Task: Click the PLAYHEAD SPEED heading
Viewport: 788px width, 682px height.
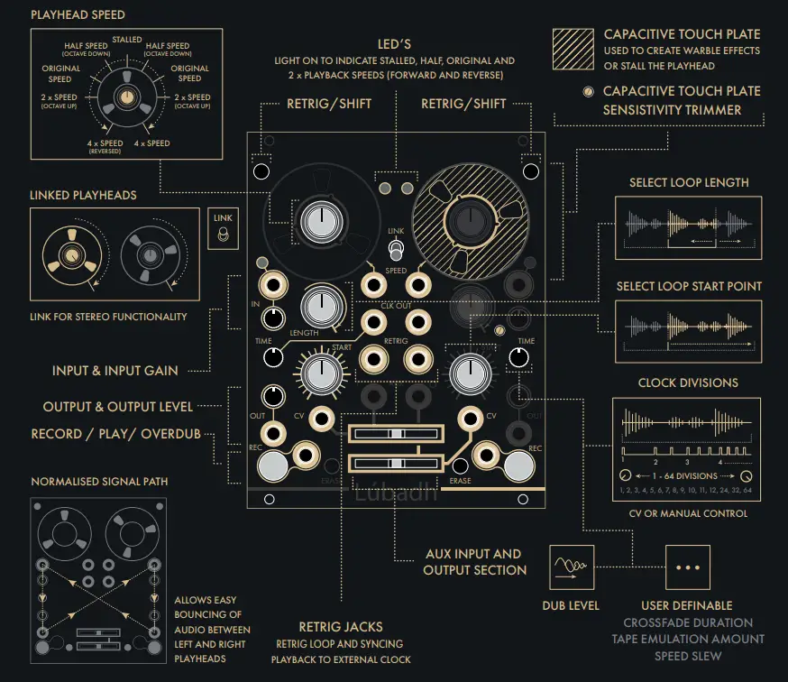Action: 78,15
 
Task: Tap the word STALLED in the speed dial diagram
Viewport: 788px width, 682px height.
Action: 126,40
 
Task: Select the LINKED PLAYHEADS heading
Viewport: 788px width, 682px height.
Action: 83,195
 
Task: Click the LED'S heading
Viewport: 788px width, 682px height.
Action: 395,44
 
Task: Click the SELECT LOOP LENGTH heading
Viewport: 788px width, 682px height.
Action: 689,182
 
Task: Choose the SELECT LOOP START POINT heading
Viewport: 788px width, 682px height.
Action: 689,286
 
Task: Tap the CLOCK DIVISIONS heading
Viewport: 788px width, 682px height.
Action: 688,382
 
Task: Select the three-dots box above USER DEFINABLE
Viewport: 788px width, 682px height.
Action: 688,567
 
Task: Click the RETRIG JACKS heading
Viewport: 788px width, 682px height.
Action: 341,626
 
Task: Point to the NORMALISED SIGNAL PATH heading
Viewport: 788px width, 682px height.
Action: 99,481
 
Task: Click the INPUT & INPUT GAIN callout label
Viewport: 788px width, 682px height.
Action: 115,370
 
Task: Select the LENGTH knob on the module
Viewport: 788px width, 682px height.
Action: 317,306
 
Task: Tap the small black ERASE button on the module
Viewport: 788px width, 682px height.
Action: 460,466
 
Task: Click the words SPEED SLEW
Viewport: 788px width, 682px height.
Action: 688,656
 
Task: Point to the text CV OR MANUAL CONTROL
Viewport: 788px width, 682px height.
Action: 688,513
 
